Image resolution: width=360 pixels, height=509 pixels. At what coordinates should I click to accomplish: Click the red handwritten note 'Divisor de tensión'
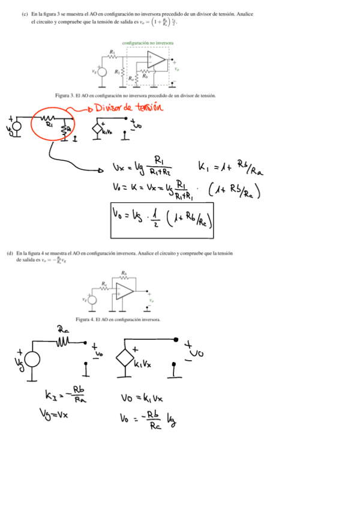[130, 108]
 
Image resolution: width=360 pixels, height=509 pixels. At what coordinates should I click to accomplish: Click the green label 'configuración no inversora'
[147, 43]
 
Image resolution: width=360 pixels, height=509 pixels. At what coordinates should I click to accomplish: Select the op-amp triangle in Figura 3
[156, 59]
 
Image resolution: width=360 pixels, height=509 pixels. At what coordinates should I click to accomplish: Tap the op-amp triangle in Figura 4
[125, 292]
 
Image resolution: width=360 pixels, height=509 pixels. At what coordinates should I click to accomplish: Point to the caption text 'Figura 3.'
[64, 95]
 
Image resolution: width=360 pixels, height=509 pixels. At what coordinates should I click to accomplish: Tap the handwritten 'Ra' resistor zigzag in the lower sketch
[64, 343]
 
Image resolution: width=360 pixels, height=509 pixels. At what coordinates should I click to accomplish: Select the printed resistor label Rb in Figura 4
[123, 273]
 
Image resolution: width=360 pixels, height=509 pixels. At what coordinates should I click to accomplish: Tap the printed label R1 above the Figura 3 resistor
[112, 52]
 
